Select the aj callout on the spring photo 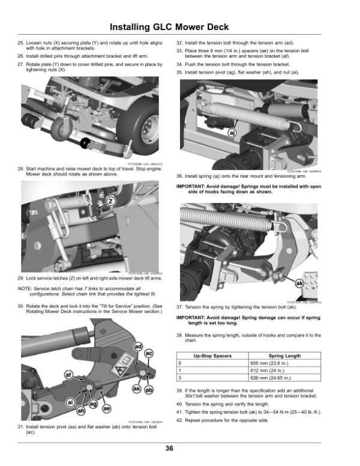pyautogui.click(x=232, y=133)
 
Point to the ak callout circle pyautogui.click(x=299, y=282)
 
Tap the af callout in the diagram pyautogui.click(x=69, y=376)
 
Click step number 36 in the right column pyautogui.click(x=179, y=176)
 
